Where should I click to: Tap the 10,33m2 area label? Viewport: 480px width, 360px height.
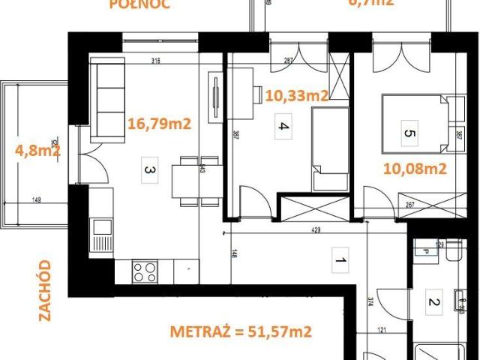pyautogui.click(x=298, y=95)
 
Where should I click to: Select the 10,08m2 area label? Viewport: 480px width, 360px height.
pyautogui.click(x=415, y=169)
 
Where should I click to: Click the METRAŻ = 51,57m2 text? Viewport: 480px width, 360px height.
pyautogui.click(x=241, y=331)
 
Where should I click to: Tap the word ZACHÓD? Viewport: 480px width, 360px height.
pyautogui.click(x=46, y=290)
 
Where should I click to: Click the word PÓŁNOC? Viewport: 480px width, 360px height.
pyautogui.click(x=139, y=4)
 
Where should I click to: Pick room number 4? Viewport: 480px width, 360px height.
pyautogui.click(x=283, y=126)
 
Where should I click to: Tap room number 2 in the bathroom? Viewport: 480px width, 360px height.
pyautogui.click(x=433, y=303)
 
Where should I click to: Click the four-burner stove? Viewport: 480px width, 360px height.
pyautogui.click(x=145, y=271)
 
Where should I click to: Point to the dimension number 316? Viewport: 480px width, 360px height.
pyautogui.click(x=156, y=61)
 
